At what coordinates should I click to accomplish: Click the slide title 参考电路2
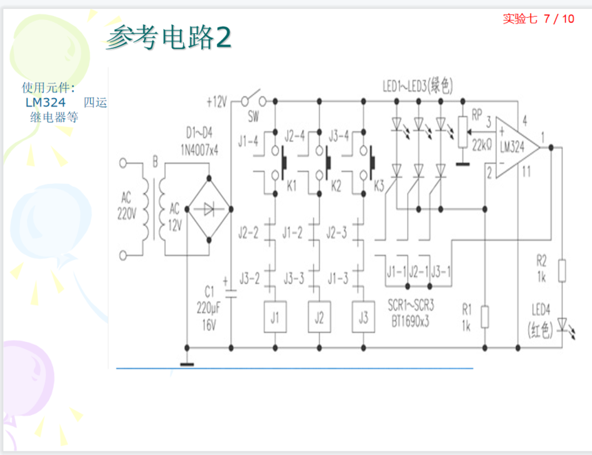168,38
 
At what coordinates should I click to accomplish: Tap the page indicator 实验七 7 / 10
538,19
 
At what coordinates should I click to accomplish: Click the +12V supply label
217,102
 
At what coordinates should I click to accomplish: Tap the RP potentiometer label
477,114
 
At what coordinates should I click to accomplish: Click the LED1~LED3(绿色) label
418,87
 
